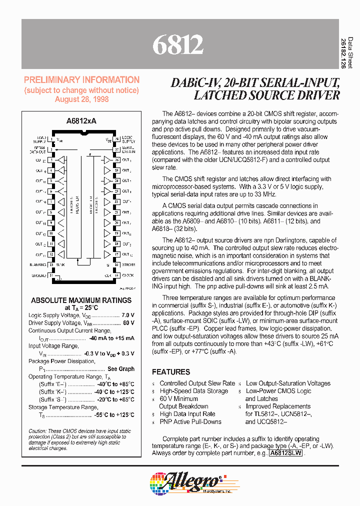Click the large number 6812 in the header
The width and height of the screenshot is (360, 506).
click(x=178, y=45)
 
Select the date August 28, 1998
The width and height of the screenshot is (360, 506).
click(x=82, y=99)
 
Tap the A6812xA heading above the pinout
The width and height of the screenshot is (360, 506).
click(x=81, y=121)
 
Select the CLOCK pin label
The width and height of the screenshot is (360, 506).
click(x=128, y=275)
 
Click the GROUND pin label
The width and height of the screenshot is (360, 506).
click(x=39, y=275)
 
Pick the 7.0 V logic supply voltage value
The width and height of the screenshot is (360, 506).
click(x=128, y=315)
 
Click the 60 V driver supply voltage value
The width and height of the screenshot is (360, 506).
click(x=128, y=323)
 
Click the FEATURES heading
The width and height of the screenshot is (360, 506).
click(x=171, y=372)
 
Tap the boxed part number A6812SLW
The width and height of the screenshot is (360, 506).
click(x=285, y=453)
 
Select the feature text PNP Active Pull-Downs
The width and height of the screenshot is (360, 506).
click(x=190, y=421)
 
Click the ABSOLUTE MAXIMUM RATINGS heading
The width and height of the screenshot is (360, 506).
click(x=81, y=300)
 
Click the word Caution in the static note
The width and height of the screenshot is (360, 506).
click(x=37, y=431)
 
